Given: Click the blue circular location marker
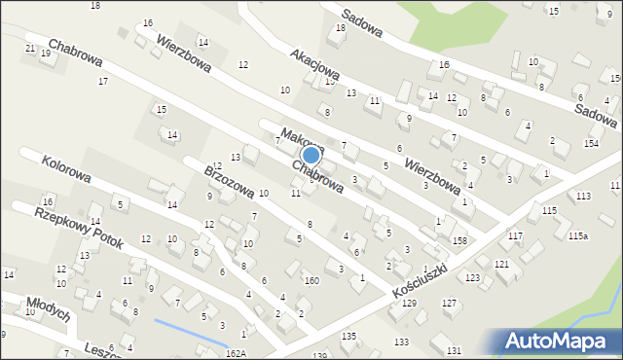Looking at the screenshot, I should click(311, 155).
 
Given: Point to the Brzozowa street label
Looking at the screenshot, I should click(229, 183).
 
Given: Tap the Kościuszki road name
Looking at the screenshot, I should click(416, 280).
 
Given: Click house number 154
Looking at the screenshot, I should click(590, 144).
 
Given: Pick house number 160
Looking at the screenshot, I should click(311, 280).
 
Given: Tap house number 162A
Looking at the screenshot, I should click(237, 353).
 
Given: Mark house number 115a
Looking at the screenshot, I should click(578, 236).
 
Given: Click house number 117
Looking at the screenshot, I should click(515, 236).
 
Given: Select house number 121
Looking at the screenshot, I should click(501, 264).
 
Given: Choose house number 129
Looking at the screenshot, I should click(410, 305).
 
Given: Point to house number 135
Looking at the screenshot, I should click(348, 336).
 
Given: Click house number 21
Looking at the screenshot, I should click(30, 49).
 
